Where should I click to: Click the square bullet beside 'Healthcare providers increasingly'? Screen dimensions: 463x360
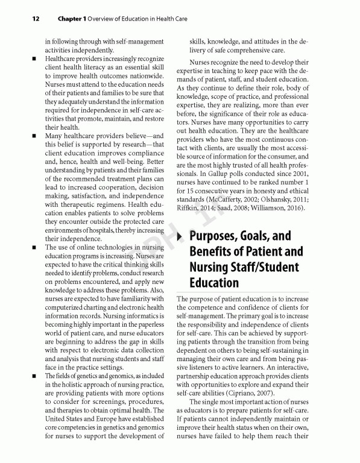point(35,59)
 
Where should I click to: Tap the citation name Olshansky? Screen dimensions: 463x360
point(274,200)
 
